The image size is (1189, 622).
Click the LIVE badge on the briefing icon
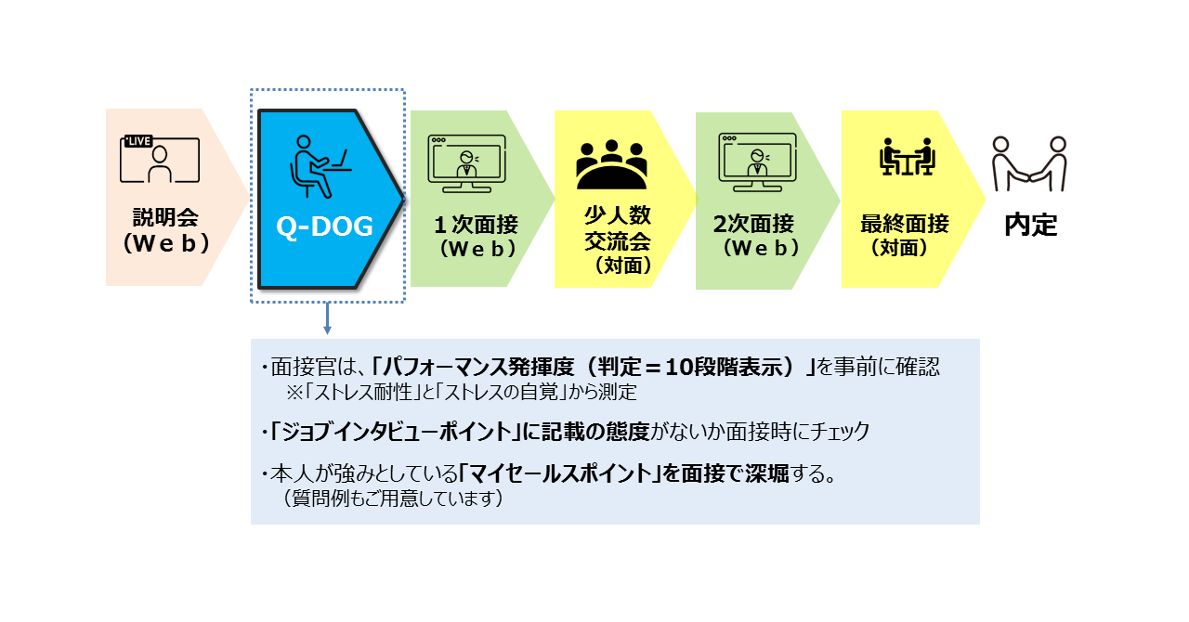138,141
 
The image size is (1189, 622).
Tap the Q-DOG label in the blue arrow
324,227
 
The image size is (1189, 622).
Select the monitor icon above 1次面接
466,163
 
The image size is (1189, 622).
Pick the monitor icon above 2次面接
757,162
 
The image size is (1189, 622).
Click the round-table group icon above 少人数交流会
611,164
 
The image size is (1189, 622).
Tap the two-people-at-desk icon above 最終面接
907,157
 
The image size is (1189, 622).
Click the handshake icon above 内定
1029,164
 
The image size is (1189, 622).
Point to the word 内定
1031,225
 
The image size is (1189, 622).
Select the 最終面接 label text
905,224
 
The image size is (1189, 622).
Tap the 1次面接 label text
477,225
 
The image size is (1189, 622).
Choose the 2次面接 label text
753,224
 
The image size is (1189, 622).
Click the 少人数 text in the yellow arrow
618,215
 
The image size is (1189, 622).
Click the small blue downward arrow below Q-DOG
328,318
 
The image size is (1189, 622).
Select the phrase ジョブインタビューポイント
396,432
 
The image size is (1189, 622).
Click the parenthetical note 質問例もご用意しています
393,499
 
